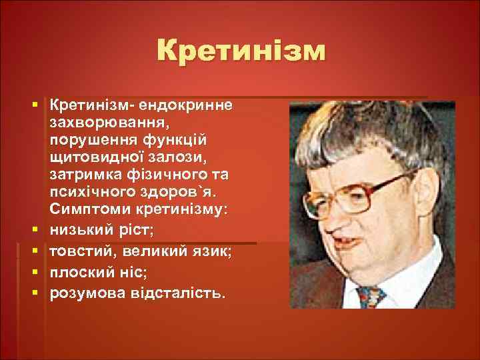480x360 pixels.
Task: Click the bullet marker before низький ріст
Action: tap(33, 229)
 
